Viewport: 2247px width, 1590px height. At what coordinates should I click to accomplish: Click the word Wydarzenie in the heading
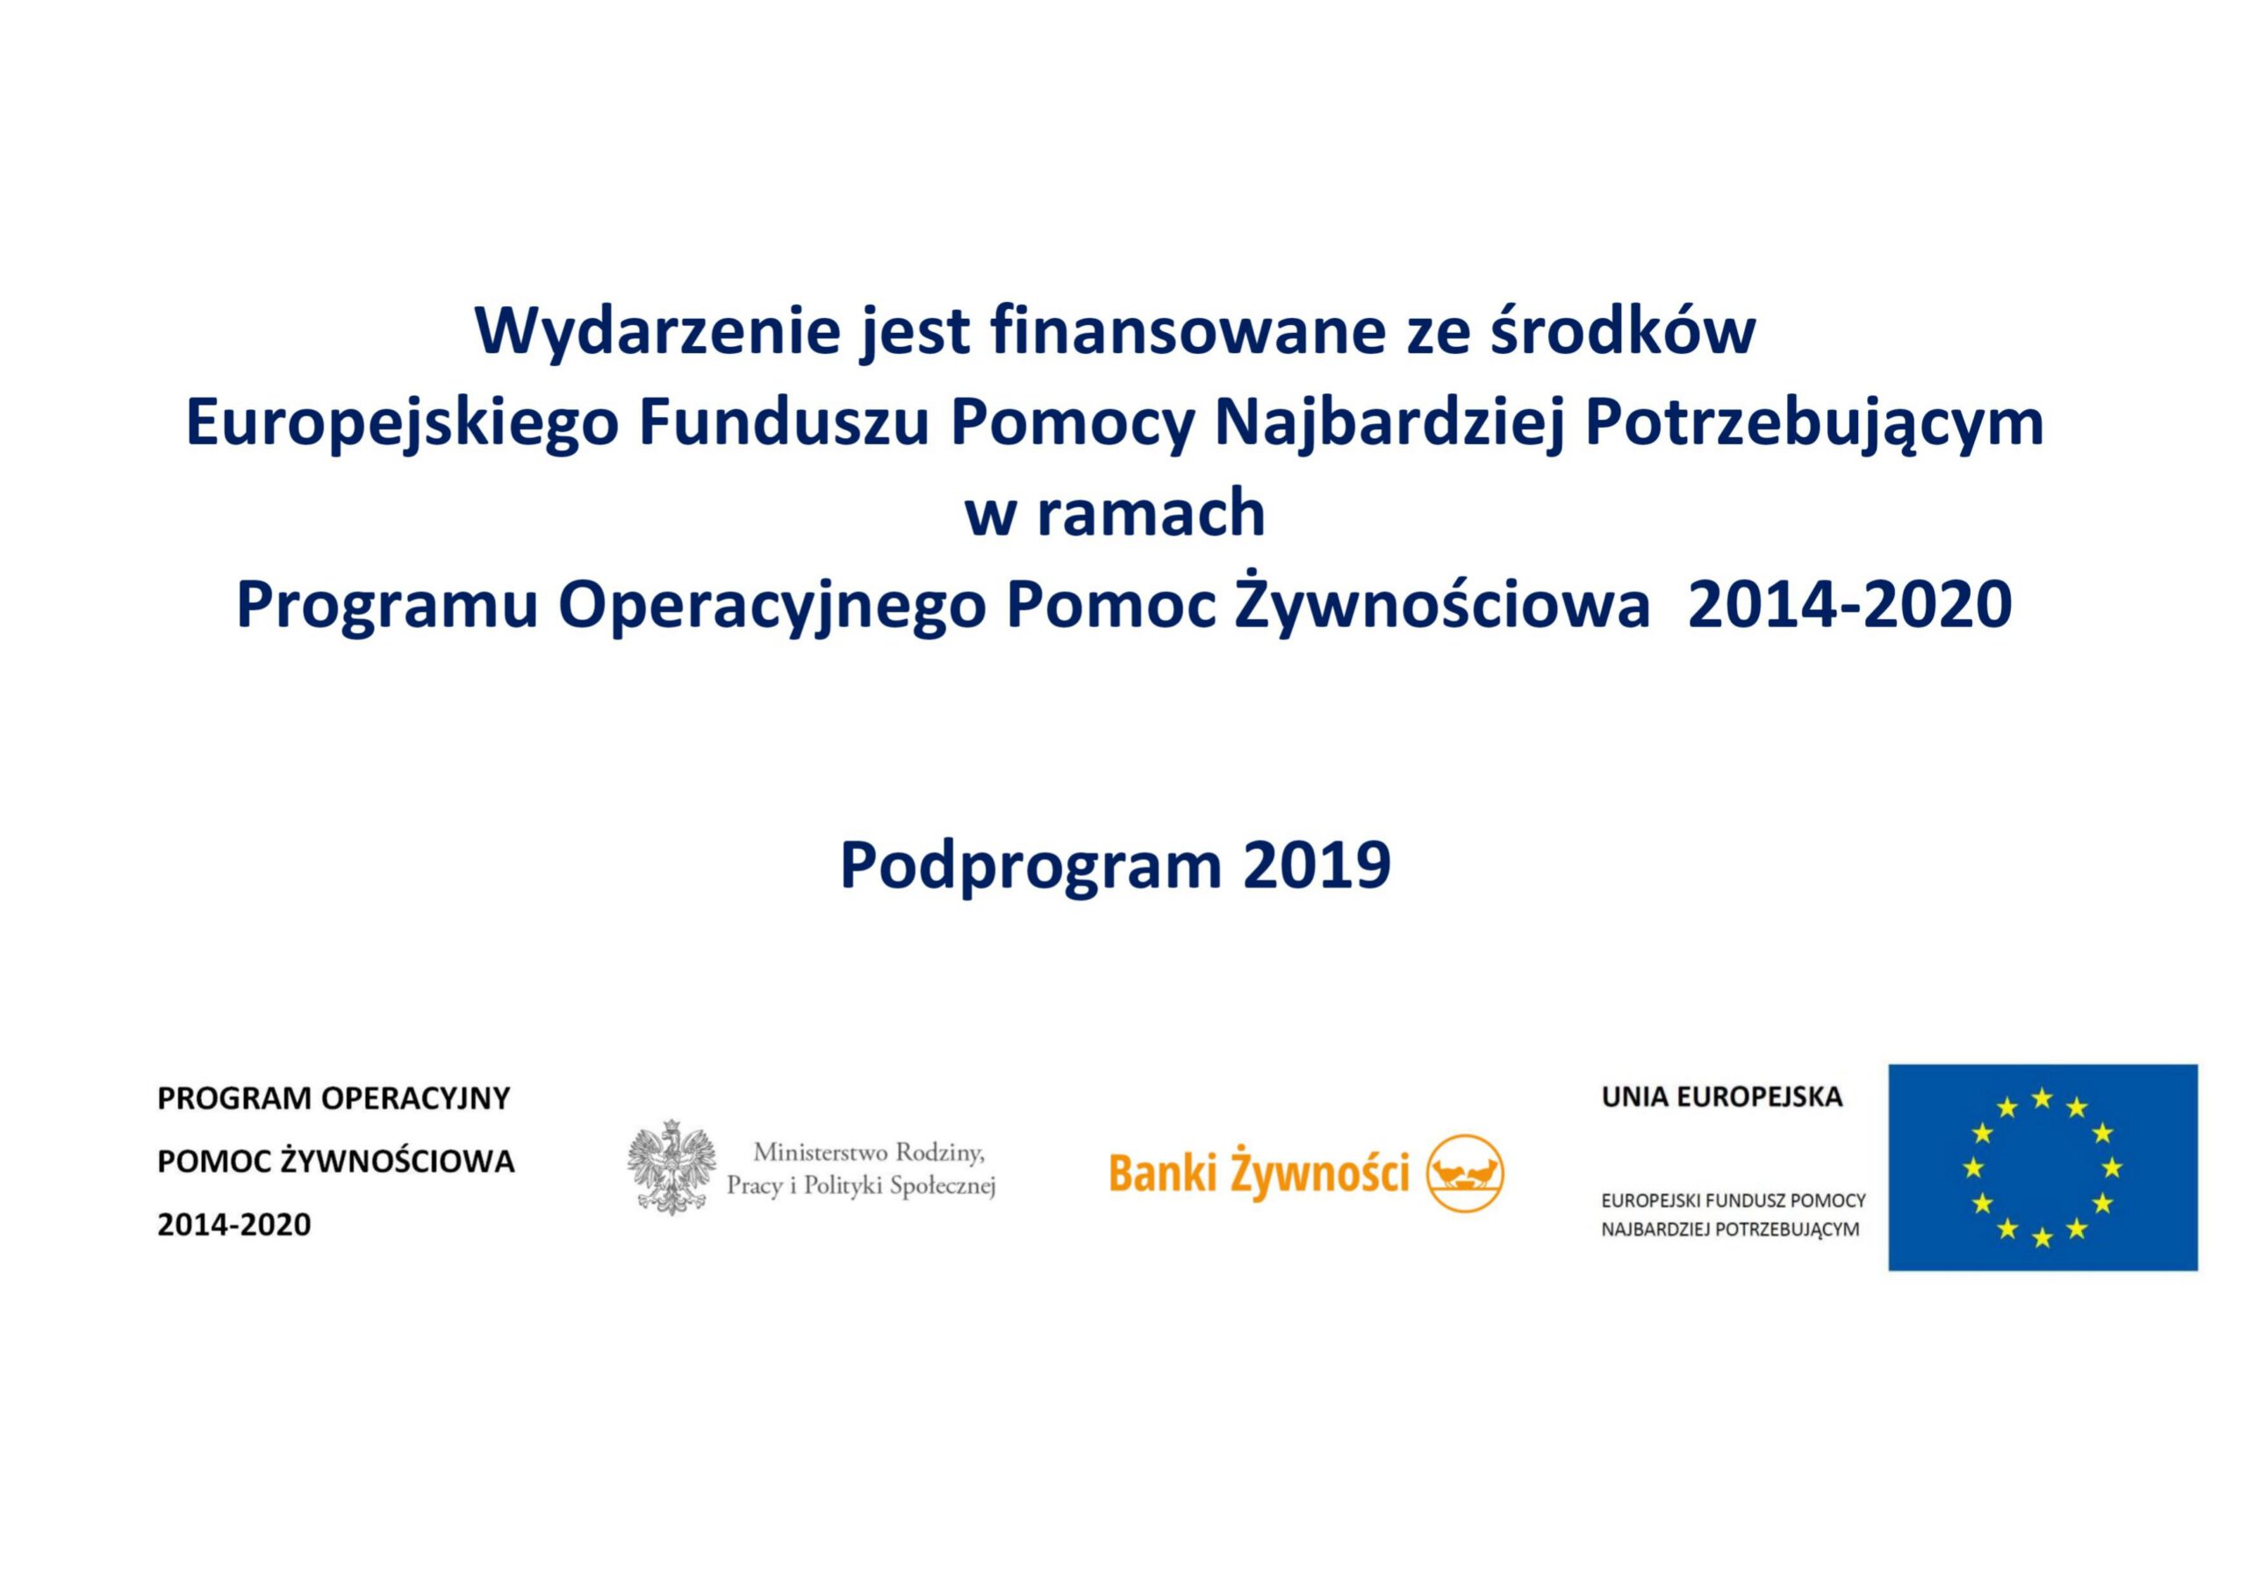[x=657, y=332]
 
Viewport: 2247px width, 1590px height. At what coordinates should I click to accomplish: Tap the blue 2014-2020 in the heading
[x=1849, y=604]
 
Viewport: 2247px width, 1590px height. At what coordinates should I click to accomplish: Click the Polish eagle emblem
[x=671, y=1167]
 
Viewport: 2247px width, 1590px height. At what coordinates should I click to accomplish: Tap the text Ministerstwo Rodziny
[x=868, y=1153]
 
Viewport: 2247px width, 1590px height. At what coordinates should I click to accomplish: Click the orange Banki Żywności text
[x=1259, y=1173]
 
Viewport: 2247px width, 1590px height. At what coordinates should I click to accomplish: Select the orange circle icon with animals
[x=1465, y=1173]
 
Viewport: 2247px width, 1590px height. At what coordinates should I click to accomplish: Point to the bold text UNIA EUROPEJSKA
[x=1721, y=1097]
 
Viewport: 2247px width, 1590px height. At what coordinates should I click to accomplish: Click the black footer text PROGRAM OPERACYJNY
[x=334, y=1098]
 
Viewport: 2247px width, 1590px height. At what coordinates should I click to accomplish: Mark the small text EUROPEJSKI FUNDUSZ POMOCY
[x=1734, y=1200]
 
